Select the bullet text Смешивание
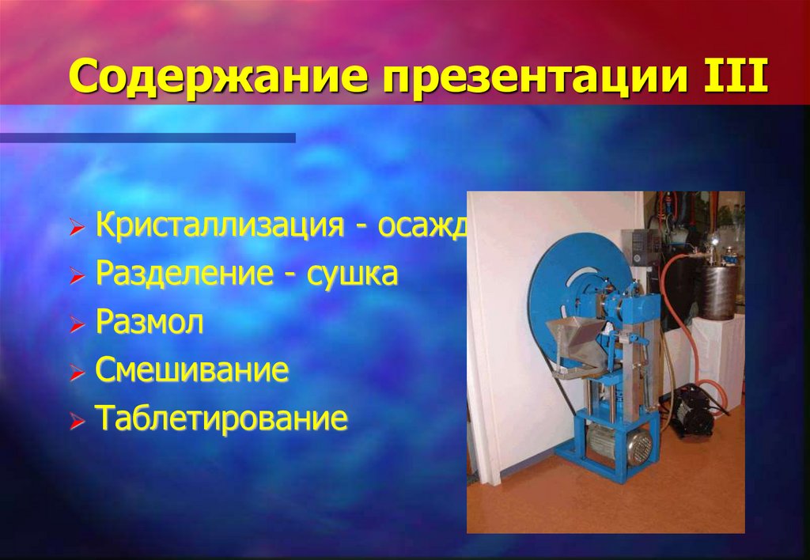(x=192, y=370)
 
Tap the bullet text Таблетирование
(x=221, y=418)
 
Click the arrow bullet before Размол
(x=76, y=325)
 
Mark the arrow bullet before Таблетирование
(x=76, y=421)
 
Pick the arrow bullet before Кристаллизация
(x=76, y=229)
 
